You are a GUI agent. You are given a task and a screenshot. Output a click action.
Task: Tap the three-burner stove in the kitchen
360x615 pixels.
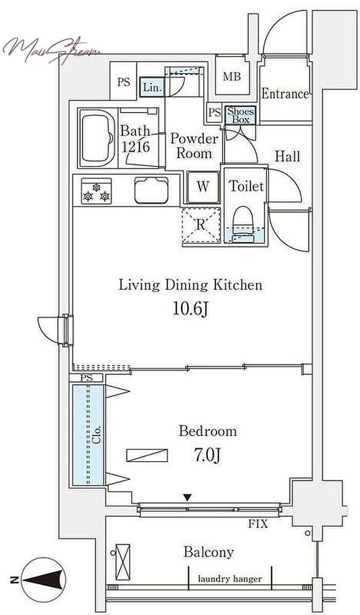(x=96, y=191)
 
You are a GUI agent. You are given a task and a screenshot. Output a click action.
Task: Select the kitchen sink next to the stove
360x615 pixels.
(x=151, y=190)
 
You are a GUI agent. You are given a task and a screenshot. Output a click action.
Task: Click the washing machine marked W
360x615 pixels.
(x=203, y=187)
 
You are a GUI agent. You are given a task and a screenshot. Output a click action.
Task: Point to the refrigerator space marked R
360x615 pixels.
(x=201, y=226)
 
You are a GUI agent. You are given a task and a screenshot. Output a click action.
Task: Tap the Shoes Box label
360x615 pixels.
(x=241, y=115)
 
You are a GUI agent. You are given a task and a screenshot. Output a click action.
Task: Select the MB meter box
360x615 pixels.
(x=232, y=77)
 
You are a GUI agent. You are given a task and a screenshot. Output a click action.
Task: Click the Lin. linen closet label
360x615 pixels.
(x=152, y=88)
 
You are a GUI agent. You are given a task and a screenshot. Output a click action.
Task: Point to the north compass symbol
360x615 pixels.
(x=43, y=580)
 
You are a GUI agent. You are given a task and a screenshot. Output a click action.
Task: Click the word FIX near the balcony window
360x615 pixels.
(x=258, y=523)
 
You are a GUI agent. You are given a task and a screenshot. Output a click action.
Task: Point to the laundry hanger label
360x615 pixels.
(x=230, y=579)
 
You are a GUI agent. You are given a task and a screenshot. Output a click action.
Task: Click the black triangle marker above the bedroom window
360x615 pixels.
(x=188, y=498)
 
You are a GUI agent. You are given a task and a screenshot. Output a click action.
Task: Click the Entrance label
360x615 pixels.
(x=285, y=94)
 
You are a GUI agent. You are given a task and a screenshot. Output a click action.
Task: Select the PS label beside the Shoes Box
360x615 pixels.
(x=214, y=113)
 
